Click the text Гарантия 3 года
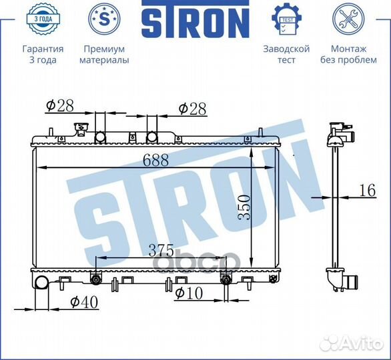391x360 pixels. [x=43, y=55]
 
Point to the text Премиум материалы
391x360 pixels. [x=104, y=55]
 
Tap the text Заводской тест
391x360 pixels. [x=286, y=55]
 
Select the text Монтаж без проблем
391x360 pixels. [x=348, y=55]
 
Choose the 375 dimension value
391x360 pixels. [x=160, y=251]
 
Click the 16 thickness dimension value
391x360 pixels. [x=366, y=191]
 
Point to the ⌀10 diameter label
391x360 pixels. [x=189, y=291]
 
